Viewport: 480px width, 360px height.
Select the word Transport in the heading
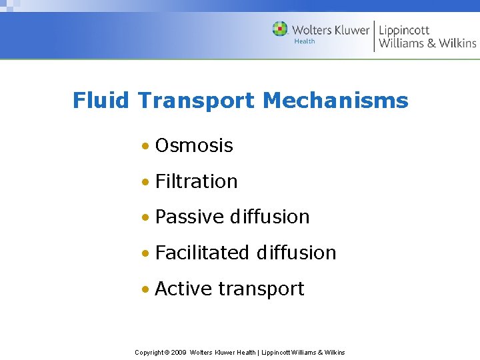pos(197,101)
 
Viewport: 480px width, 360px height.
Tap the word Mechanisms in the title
pos(335,101)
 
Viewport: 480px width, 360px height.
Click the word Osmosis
pos(194,145)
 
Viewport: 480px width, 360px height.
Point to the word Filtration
pos(196,181)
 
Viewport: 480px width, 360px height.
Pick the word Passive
pos(189,217)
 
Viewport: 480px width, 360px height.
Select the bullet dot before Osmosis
pos(145,146)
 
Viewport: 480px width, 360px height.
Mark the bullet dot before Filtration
pos(145,182)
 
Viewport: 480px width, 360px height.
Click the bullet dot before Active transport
pos(145,290)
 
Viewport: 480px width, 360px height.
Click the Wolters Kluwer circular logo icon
pos(280,29)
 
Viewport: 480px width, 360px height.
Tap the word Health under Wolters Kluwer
pos(305,41)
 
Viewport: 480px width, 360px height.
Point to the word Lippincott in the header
pos(404,30)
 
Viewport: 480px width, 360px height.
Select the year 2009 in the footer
pos(178,352)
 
